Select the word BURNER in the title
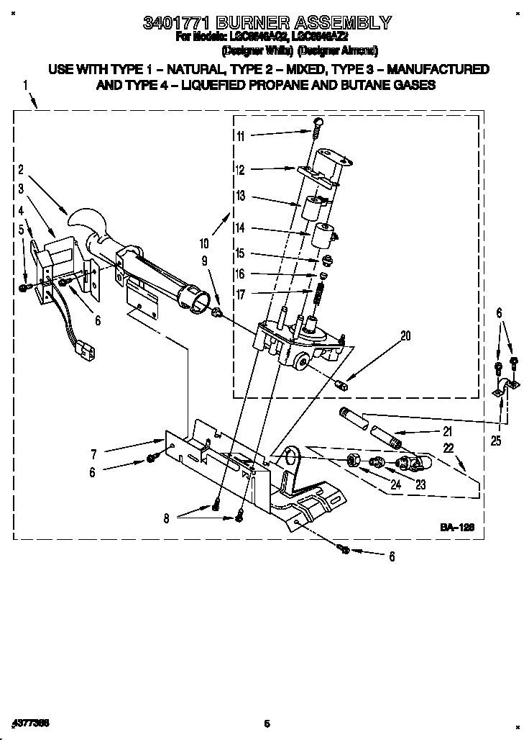point(262,23)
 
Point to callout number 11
point(240,136)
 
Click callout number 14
point(240,227)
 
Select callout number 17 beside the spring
point(240,294)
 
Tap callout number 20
point(405,335)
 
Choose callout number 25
point(497,441)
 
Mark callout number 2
point(22,170)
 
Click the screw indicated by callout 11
point(316,132)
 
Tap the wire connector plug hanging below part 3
point(86,352)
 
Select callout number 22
point(449,448)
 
